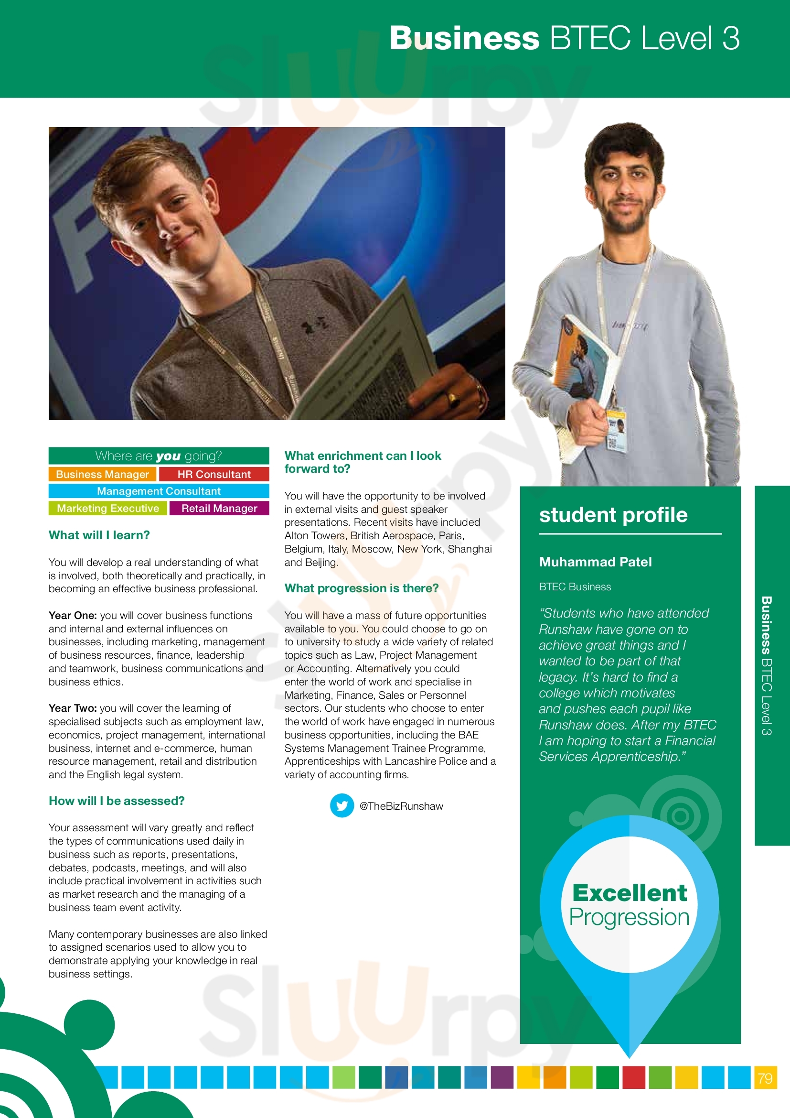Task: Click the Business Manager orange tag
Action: click(x=102, y=474)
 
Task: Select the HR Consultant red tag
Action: click(x=214, y=474)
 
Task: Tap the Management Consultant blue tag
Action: click(x=159, y=491)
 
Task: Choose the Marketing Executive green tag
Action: click(x=108, y=509)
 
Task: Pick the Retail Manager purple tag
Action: click(x=219, y=509)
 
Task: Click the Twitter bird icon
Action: click(x=342, y=806)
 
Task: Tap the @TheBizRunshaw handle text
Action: click(x=401, y=806)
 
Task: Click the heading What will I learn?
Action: click(x=99, y=535)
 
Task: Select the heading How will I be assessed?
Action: click(x=117, y=801)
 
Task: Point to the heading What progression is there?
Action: click(x=362, y=588)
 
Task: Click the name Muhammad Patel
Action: click(x=596, y=562)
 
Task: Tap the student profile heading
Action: click(x=613, y=515)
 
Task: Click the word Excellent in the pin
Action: click(x=630, y=893)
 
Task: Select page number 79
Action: click(x=765, y=1078)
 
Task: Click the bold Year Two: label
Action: click(x=73, y=708)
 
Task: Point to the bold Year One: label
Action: click(x=73, y=616)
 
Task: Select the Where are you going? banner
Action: click(x=159, y=456)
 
